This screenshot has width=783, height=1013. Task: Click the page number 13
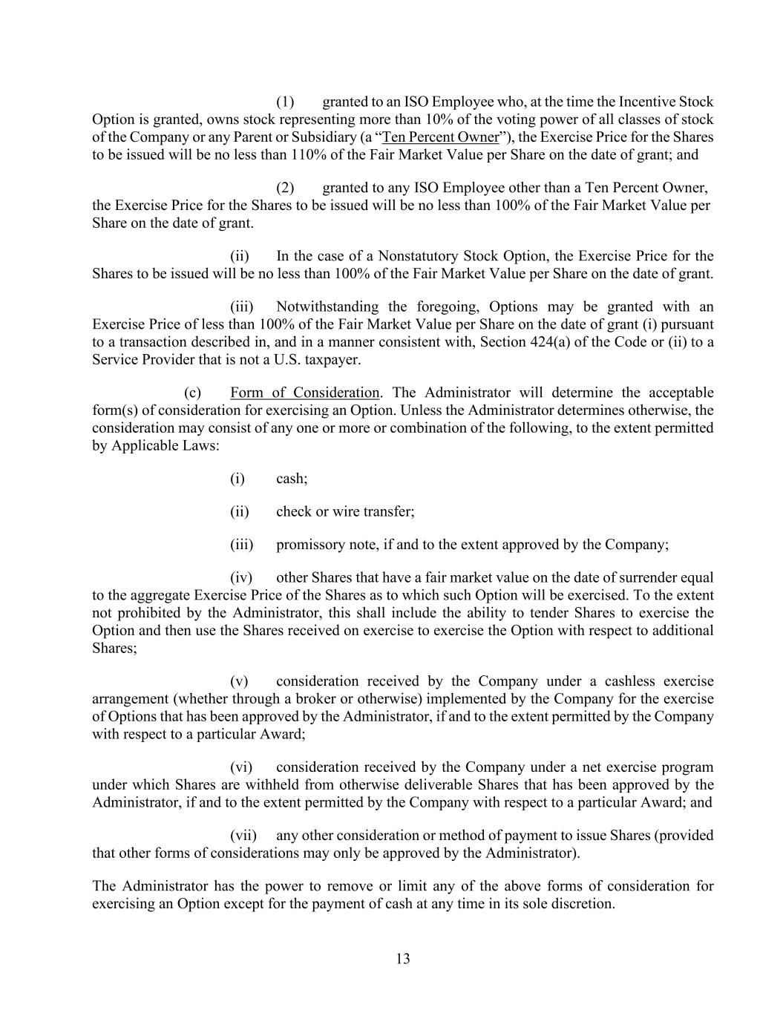403,958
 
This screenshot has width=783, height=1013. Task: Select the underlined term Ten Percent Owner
440,137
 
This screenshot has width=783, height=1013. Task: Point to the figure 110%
275,155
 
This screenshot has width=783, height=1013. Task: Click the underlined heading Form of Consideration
305,393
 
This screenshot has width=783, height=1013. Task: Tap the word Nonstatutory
417,256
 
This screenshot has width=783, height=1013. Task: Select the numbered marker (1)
286,102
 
